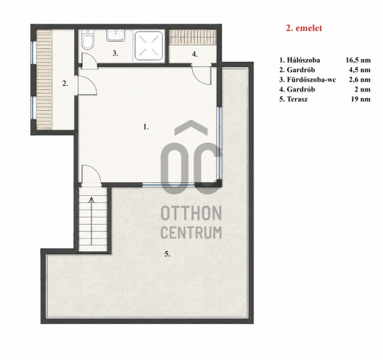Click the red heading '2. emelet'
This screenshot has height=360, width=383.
(x=304, y=28)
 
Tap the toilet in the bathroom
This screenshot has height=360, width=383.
(x=87, y=40)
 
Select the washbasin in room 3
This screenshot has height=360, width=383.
(x=115, y=35)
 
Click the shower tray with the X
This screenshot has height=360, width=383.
(x=149, y=45)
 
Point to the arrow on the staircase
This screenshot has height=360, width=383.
(x=91, y=221)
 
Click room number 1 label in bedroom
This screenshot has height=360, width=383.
(x=146, y=127)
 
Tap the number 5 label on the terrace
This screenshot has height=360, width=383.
(x=167, y=254)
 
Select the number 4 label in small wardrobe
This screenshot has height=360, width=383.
(x=194, y=54)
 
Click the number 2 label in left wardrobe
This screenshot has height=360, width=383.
(x=65, y=84)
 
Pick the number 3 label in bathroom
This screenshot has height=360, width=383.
(x=115, y=53)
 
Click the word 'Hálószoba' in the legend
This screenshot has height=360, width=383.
(x=303, y=60)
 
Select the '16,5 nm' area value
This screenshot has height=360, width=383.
(x=358, y=60)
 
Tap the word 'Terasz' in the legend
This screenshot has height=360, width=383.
(x=297, y=99)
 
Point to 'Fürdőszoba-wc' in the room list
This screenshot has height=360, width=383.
(x=312, y=80)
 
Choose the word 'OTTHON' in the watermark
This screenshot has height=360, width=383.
(x=191, y=213)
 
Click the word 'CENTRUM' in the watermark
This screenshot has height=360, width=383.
(x=191, y=233)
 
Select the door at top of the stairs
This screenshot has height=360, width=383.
(x=91, y=175)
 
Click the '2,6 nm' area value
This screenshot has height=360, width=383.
(x=359, y=80)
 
